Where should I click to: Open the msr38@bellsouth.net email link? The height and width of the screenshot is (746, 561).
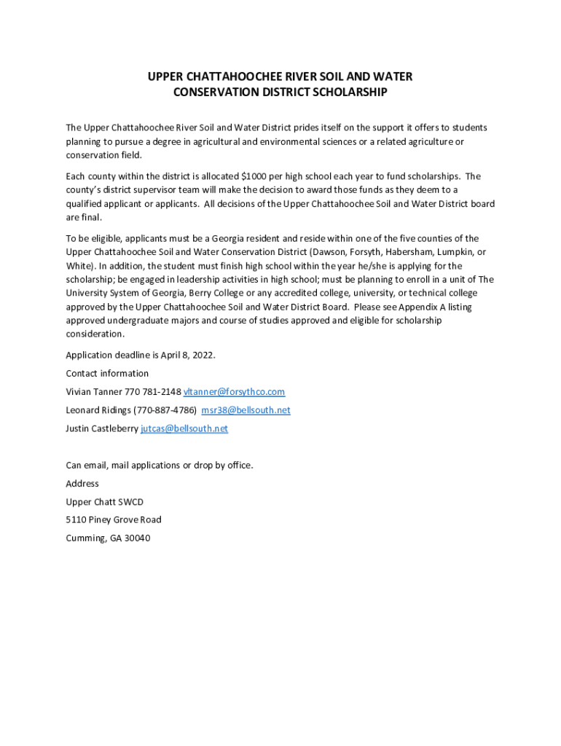246,410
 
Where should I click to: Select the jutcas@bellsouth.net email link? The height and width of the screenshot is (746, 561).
184,428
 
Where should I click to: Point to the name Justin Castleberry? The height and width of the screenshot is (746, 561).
102,428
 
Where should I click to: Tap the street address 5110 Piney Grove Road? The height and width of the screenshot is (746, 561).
114,520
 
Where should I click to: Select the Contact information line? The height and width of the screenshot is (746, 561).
107,373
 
